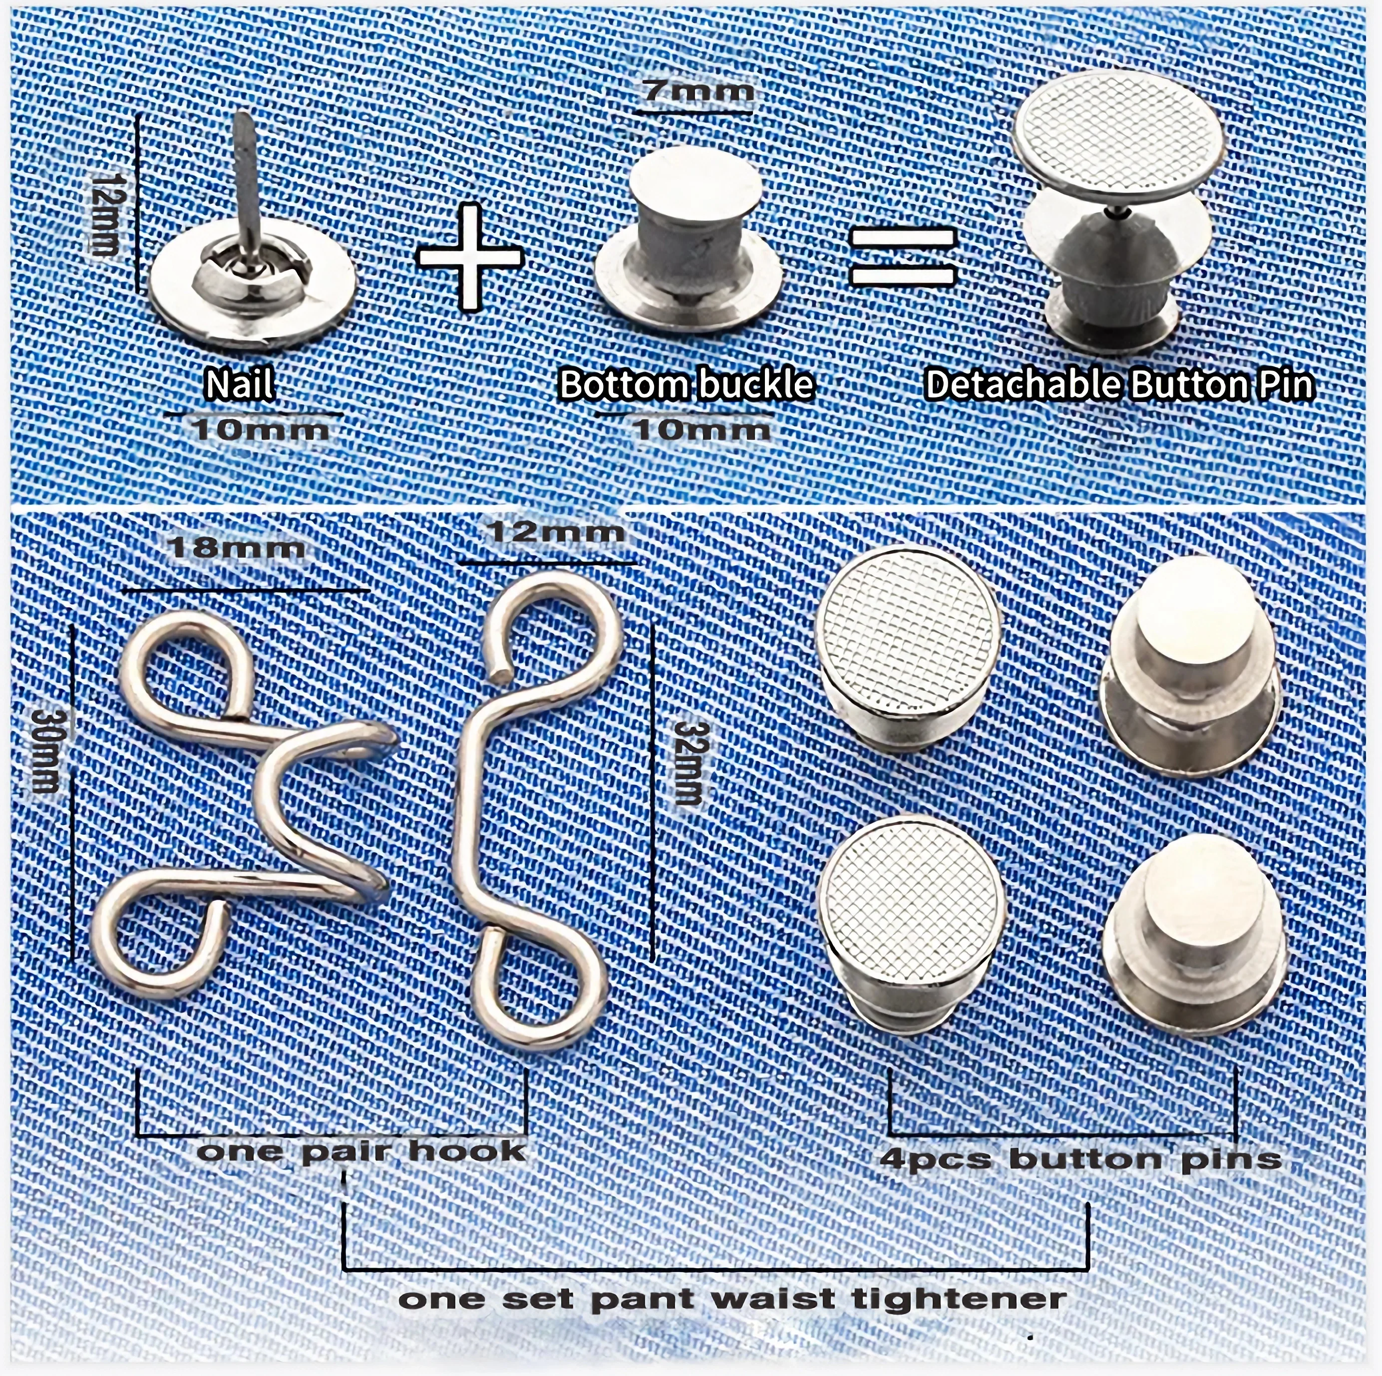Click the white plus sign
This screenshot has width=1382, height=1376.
point(469,257)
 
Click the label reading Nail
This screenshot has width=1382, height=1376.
point(240,385)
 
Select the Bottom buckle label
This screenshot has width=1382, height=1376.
point(686,385)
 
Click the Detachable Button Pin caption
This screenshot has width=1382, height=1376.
point(1119,385)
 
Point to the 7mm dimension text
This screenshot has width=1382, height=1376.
point(698,91)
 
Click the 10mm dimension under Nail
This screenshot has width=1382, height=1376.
point(261,430)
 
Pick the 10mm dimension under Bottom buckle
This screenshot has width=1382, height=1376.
point(701,430)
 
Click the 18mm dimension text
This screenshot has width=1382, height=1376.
point(236,549)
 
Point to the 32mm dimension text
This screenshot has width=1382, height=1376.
point(688,764)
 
